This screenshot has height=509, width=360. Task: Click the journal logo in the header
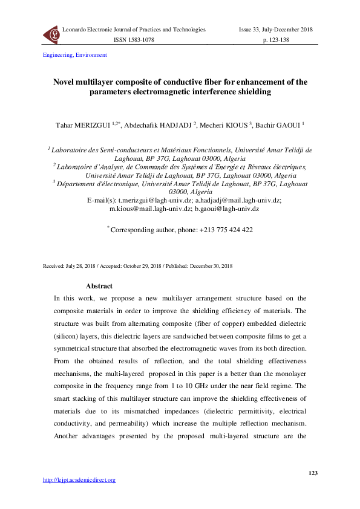51,34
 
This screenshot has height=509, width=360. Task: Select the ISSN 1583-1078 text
134,39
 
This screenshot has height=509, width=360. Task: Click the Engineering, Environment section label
75,55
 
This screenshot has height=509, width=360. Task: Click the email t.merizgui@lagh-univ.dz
156,199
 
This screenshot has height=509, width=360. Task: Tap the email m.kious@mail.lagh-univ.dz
149,208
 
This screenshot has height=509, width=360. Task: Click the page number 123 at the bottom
312,473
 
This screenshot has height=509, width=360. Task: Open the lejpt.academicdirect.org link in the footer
79,480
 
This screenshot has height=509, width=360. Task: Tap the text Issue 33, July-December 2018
276,30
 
